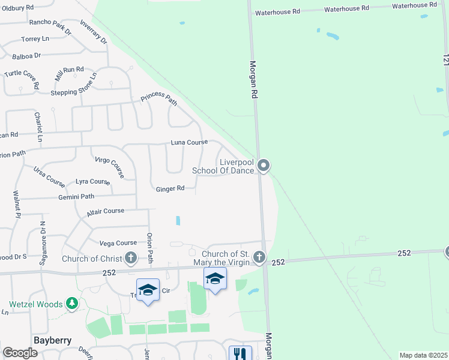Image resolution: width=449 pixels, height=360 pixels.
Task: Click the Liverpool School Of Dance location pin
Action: (x=263, y=165)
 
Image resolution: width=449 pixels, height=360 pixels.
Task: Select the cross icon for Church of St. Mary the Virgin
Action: (x=259, y=257)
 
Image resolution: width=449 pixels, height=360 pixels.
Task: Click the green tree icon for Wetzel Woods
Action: (x=72, y=304)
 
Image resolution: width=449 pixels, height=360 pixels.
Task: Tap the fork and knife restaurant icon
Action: (x=240, y=354)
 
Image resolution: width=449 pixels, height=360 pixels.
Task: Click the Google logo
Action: (x=20, y=353)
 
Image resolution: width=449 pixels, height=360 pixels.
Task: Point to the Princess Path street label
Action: (x=159, y=99)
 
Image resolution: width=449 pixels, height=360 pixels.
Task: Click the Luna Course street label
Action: (x=188, y=143)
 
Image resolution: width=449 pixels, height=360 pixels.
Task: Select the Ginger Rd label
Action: (x=170, y=189)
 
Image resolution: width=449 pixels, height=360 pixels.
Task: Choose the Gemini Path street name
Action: (x=76, y=197)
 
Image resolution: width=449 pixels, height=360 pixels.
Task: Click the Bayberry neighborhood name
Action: (x=52, y=340)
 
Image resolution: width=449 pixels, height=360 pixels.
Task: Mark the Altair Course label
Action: (x=105, y=211)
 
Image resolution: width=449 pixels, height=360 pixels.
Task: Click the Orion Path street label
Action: (x=149, y=246)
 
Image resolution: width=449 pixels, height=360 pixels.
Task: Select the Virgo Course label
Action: (x=109, y=167)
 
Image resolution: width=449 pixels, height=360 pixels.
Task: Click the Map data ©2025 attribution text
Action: (x=423, y=355)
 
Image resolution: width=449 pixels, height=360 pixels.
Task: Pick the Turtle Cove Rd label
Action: (x=21, y=77)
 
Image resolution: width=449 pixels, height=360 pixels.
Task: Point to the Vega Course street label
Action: (x=118, y=243)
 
